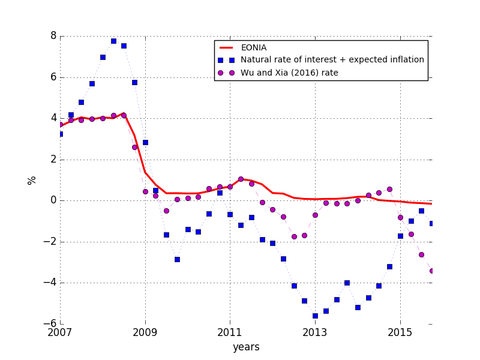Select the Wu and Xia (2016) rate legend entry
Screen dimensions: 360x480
point(289,73)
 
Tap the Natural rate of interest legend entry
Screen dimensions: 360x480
point(332,60)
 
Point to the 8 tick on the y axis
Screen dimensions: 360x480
point(53,36)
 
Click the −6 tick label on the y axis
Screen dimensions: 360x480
point(50,324)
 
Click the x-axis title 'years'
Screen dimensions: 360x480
point(246,347)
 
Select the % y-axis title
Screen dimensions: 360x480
point(32,180)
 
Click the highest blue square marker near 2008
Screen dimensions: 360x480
point(113,41)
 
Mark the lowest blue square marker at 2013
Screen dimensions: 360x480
point(315,316)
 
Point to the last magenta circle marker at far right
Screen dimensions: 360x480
point(432,271)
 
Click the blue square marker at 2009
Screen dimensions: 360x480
point(145,142)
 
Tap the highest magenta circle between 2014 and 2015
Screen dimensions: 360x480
point(389,189)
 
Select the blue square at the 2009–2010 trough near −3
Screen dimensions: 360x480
point(177,259)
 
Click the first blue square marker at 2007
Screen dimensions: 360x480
point(61,134)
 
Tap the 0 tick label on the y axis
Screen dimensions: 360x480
point(53,200)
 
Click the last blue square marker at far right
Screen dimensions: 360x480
point(432,223)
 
